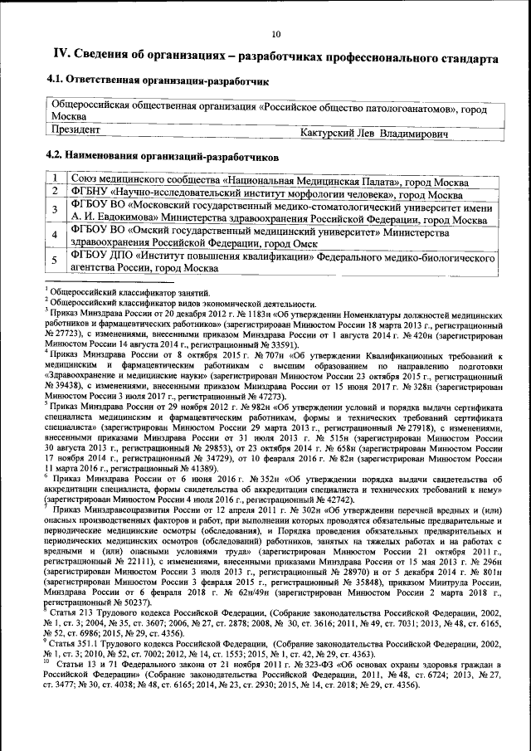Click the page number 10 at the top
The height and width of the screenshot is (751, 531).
(x=275, y=34)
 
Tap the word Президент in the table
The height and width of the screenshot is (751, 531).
(x=77, y=130)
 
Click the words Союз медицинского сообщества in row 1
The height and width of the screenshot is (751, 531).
(x=145, y=180)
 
